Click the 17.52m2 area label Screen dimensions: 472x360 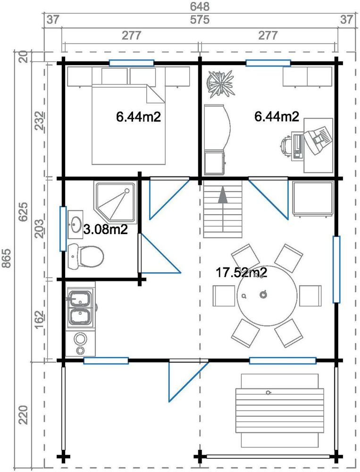click(242, 272)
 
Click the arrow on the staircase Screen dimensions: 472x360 click(223, 195)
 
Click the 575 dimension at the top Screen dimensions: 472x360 click(201, 20)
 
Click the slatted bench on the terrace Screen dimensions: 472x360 click(282, 410)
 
